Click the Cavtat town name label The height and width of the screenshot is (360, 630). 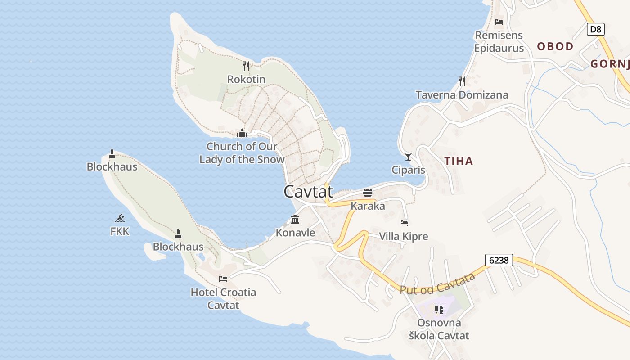(308, 192)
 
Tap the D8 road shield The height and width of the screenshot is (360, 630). (595, 30)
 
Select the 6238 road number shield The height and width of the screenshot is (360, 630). (499, 260)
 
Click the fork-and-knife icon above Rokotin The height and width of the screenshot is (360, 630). (246, 66)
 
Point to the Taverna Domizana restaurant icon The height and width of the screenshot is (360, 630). (462, 81)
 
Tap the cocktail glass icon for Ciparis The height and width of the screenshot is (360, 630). (408, 157)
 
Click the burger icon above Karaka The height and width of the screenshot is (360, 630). (368, 193)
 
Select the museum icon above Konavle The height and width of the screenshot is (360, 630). (295, 220)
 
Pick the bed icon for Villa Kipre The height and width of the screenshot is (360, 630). (404, 223)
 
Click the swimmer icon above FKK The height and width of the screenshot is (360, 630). (120, 218)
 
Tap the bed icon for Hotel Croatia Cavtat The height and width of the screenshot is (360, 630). (223, 279)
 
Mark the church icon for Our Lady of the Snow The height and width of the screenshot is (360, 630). (242, 133)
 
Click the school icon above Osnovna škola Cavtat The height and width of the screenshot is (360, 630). (439, 309)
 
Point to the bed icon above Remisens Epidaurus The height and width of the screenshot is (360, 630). (499, 22)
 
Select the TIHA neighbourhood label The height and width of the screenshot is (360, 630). (459, 161)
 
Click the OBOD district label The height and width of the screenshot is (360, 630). (555, 46)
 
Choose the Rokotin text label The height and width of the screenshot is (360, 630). (246, 80)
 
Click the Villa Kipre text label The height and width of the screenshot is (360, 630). (404, 236)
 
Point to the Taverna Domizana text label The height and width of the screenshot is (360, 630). (462, 95)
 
